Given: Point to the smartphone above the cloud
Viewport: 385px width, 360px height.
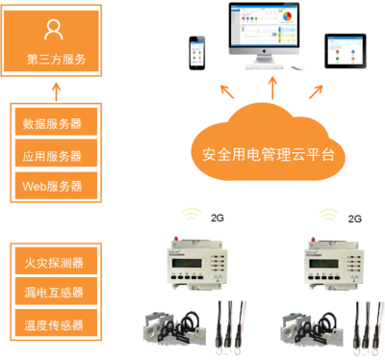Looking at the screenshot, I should click(197, 56).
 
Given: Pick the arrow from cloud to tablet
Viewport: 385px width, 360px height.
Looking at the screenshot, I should click(316, 92).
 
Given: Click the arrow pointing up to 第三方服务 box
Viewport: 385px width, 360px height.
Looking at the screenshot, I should click(56, 90).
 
